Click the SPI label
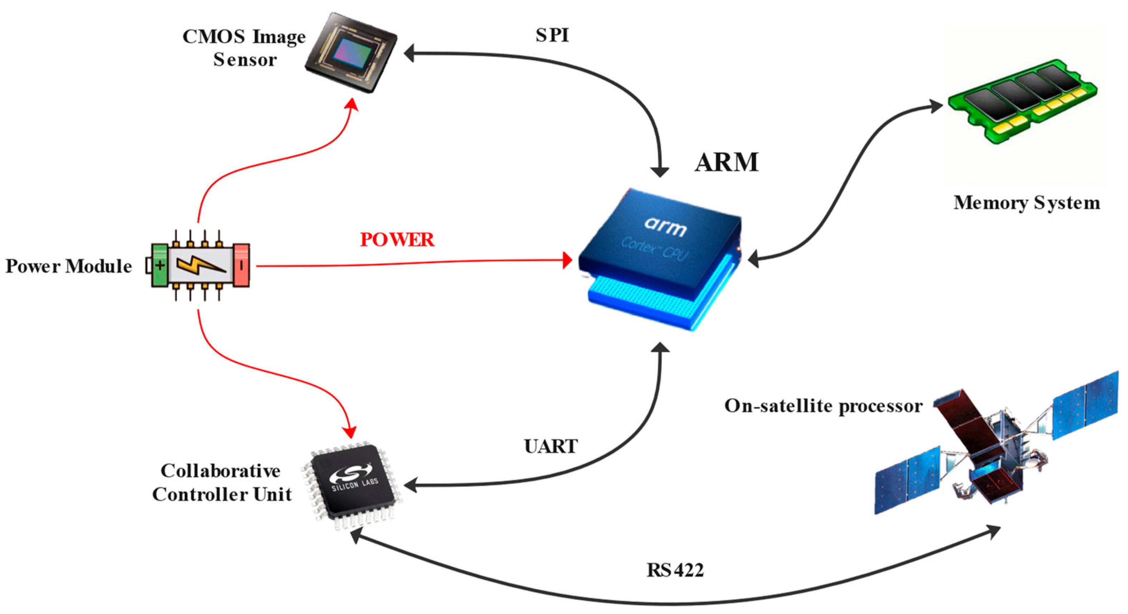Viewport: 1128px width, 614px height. (552, 35)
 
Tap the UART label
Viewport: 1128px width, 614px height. (551, 446)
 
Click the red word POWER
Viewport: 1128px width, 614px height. (397, 240)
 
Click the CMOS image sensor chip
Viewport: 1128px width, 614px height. (351, 53)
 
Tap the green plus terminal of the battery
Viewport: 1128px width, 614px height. (160, 265)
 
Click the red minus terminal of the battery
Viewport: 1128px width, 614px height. (241, 265)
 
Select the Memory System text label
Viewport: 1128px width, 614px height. (1026, 203)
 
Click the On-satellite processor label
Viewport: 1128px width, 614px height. (823, 406)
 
